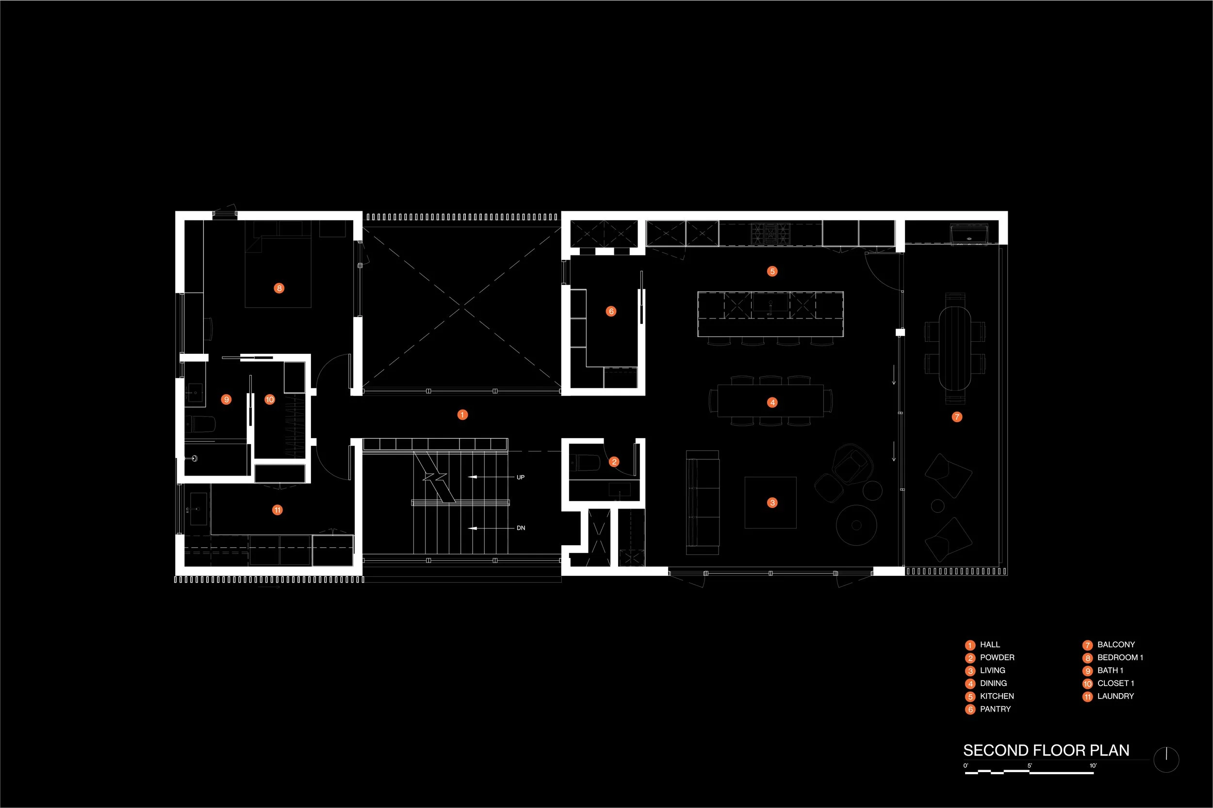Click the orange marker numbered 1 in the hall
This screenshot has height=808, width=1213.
(x=462, y=414)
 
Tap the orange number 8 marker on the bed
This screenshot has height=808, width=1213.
(x=279, y=288)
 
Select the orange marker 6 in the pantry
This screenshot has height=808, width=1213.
(x=611, y=311)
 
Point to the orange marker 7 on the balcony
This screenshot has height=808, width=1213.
(x=957, y=417)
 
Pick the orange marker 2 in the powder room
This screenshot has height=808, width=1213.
(x=614, y=462)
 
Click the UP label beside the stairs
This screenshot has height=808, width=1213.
(x=520, y=477)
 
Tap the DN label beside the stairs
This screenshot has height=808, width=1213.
(x=521, y=528)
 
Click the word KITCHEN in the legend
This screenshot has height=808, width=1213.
(x=997, y=696)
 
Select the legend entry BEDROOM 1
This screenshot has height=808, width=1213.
(x=1120, y=658)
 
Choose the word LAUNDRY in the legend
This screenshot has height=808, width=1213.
(x=1115, y=696)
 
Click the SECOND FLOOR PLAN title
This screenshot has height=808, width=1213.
(x=1046, y=750)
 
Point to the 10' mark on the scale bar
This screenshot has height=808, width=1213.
(x=1092, y=766)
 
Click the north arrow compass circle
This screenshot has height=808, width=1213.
(x=1166, y=760)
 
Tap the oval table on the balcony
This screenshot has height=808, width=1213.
(x=954, y=349)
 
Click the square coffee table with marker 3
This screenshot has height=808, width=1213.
(x=770, y=503)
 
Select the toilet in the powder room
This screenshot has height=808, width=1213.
(x=586, y=463)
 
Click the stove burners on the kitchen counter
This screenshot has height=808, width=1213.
(x=770, y=233)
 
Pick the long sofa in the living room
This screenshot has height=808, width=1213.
(x=702, y=503)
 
